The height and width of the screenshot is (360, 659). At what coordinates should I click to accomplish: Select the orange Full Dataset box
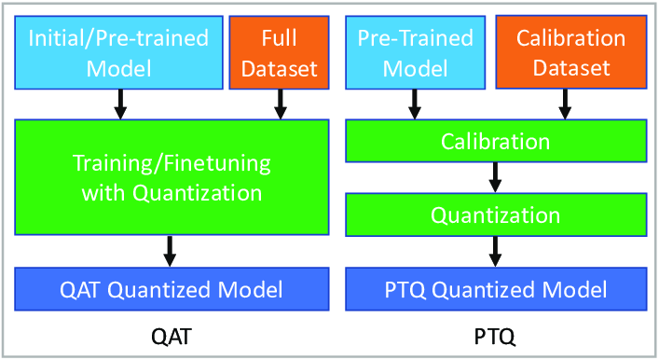(277, 52)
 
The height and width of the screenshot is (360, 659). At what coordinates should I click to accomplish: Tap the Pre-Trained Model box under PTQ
(416, 52)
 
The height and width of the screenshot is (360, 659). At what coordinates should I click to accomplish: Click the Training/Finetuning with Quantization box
(172, 178)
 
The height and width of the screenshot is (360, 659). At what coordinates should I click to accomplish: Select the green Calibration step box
(495, 143)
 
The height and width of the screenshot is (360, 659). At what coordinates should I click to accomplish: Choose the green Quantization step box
(495, 215)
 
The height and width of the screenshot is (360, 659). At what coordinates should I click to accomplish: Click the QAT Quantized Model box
(172, 289)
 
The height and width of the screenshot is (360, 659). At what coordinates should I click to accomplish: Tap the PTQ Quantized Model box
(495, 289)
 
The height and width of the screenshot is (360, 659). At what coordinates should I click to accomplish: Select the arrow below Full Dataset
(277, 104)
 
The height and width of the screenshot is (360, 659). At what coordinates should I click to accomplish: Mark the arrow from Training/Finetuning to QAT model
(172, 250)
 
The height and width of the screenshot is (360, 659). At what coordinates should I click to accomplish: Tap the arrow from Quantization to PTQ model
(495, 250)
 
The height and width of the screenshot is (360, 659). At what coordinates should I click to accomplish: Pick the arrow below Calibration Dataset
(564, 104)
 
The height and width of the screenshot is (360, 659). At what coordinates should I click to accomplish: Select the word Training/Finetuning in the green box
(172, 164)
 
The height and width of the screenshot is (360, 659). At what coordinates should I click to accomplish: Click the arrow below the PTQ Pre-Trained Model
(416, 104)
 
